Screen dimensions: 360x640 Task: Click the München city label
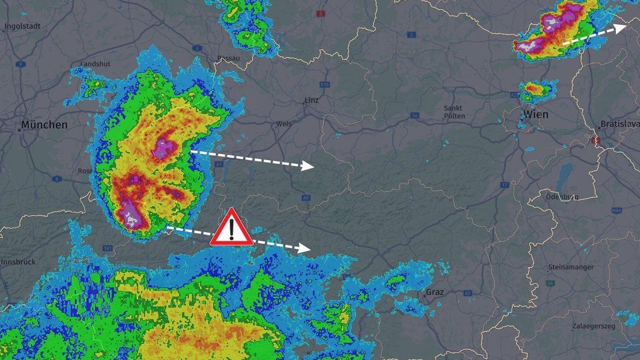click(x=44, y=124)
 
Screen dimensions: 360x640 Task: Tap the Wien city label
click(x=536, y=115)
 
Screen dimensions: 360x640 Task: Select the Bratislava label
click(x=619, y=124)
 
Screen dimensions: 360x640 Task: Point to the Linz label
click(x=311, y=100)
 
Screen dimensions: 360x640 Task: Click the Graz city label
click(x=435, y=292)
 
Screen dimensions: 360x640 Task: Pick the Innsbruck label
click(x=17, y=262)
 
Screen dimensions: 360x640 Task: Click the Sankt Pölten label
click(x=453, y=112)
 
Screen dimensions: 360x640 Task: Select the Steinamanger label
click(x=571, y=267)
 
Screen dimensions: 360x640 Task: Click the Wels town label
click(x=284, y=124)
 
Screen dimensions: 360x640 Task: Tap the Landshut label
click(x=95, y=63)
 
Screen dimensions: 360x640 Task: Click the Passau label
click(x=228, y=58)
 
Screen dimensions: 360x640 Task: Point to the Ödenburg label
click(x=562, y=197)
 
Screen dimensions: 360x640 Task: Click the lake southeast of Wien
click(x=565, y=173)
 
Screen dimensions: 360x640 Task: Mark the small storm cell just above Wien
click(x=536, y=89)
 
